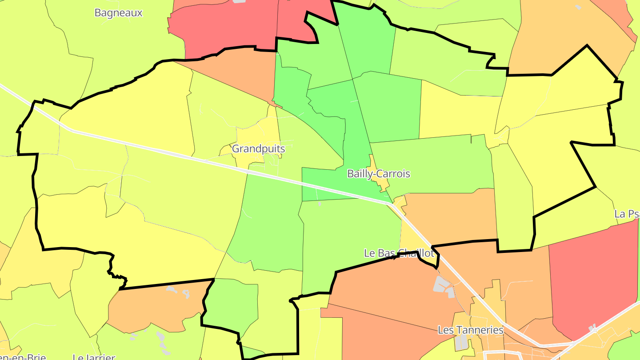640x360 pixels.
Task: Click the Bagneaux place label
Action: (118, 12)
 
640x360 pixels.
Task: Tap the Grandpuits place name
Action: (258, 148)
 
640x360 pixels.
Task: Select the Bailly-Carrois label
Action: (378, 173)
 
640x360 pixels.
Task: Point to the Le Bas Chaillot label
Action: (399, 253)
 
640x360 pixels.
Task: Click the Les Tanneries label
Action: (470, 330)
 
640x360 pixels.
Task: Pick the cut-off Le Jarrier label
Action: (94, 356)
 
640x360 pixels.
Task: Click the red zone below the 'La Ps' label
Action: (596, 276)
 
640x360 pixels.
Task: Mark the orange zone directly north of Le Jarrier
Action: (151, 307)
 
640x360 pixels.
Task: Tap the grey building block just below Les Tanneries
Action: (461, 342)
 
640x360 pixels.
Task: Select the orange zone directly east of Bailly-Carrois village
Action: (449, 218)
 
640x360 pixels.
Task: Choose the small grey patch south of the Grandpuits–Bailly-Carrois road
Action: (320, 204)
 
